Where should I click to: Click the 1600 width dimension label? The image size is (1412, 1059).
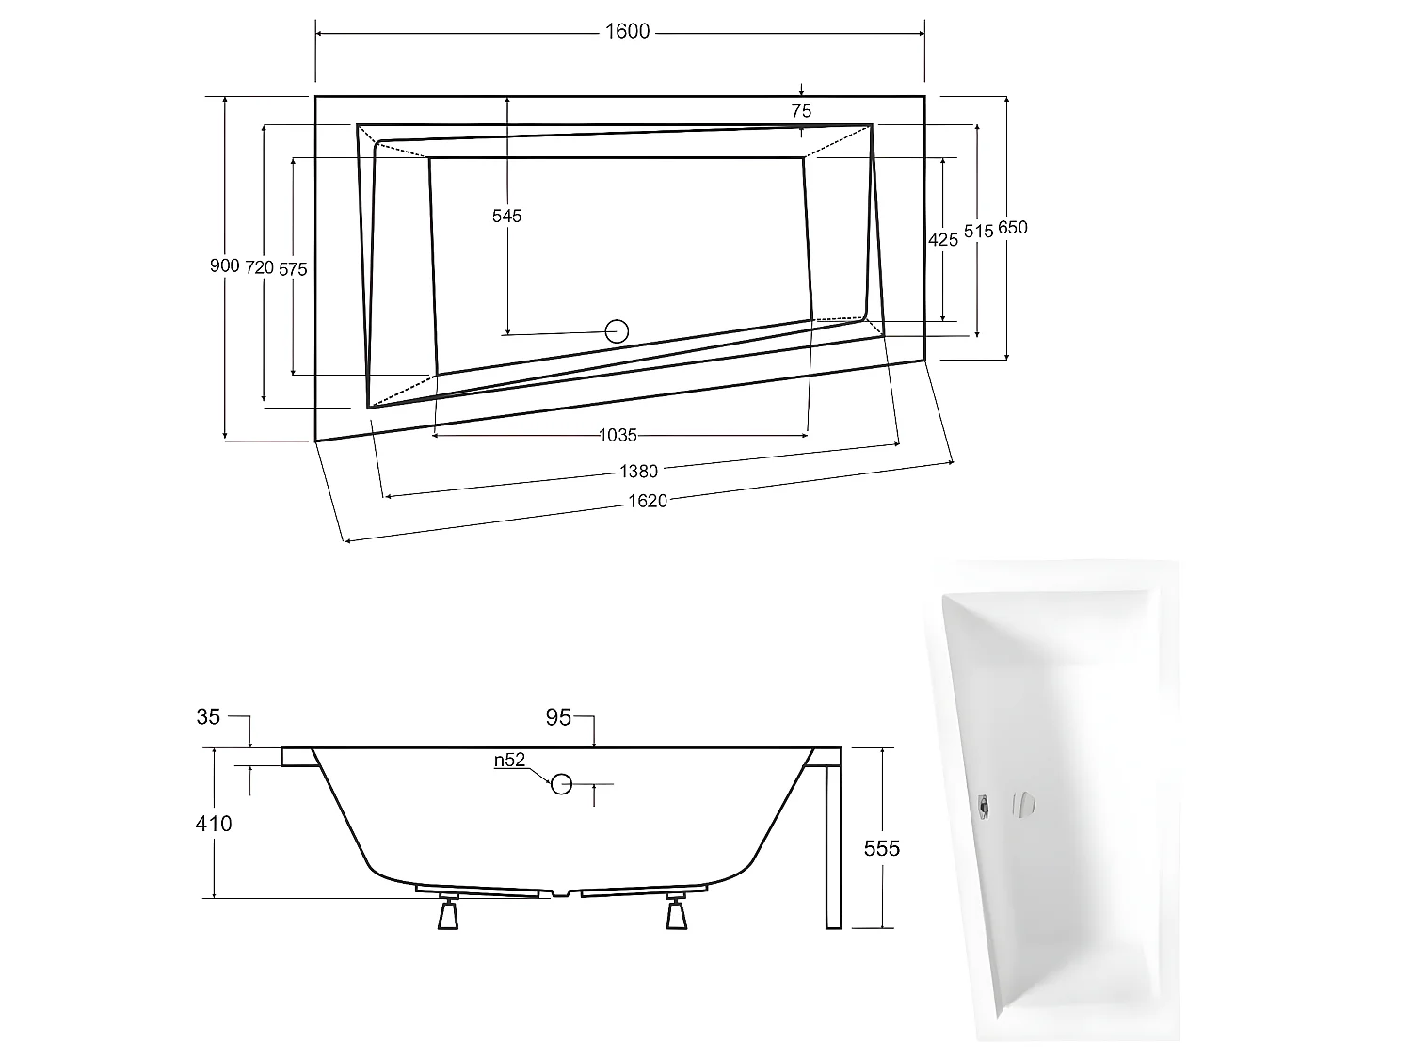coord(627,32)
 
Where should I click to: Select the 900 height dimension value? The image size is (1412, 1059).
coord(224,266)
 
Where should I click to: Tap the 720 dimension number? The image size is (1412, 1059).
coord(259,267)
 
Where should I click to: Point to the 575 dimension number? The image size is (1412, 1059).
coord(293,269)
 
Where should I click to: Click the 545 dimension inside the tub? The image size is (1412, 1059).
coord(506,217)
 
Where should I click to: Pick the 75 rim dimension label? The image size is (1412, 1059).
coord(801,111)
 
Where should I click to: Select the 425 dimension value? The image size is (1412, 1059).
coord(942,239)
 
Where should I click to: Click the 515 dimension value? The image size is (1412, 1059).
coord(979,232)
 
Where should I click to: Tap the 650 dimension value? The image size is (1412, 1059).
coord(1013,228)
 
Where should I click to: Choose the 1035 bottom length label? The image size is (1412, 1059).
coord(618,435)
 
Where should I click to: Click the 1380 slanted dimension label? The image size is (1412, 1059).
coord(638,471)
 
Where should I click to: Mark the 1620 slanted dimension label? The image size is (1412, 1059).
coord(648,501)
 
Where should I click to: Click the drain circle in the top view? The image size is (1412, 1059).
coord(617,330)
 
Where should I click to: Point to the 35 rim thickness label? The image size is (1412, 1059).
coord(208,717)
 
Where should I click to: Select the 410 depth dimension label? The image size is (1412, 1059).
coord(214,824)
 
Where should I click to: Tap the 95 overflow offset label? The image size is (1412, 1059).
coord(558,718)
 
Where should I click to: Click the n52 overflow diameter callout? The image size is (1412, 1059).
coord(509,761)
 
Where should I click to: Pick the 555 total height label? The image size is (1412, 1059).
coord(882,848)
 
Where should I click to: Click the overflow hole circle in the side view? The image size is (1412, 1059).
coord(561,783)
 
